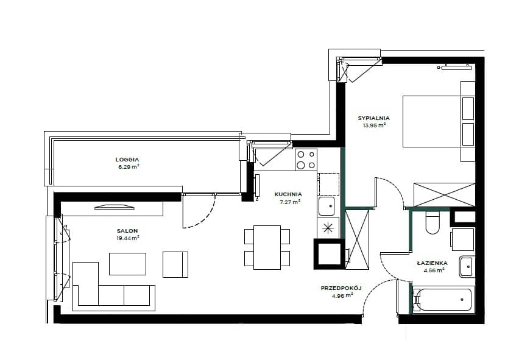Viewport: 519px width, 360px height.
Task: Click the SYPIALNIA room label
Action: pyautogui.click(x=373, y=118)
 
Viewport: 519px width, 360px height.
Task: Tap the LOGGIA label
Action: pyautogui.click(x=127, y=160)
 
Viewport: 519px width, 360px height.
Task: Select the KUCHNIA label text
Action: pyautogui.click(x=288, y=194)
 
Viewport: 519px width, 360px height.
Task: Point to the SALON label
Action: pyautogui.click(x=127, y=231)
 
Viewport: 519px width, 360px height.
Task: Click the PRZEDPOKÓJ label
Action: pyautogui.click(x=341, y=288)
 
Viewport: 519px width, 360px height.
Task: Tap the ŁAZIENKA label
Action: pyautogui.click(x=432, y=263)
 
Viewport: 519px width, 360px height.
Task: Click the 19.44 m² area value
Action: pyautogui.click(x=128, y=238)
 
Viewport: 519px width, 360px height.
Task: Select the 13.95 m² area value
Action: pyautogui.click(x=375, y=125)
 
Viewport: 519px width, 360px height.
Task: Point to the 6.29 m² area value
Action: pyautogui.click(x=129, y=167)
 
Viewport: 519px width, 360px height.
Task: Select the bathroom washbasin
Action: pyautogui.click(x=467, y=266)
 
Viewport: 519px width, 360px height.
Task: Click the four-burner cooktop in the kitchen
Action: pyautogui.click(x=306, y=160)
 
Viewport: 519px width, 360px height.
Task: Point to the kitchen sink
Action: pyautogui.click(x=327, y=206)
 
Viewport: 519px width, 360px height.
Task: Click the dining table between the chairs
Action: pyautogui.click(x=267, y=247)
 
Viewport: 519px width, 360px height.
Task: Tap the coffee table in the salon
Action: pyautogui.click(x=127, y=264)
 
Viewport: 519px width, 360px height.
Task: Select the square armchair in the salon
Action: pyautogui.click(x=175, y=264)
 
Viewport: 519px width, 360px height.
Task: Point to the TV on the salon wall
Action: pyautogui.click(x=115, y=207)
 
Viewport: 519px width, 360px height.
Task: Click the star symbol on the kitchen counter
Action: pyautogui.click(x=328, y=228)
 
